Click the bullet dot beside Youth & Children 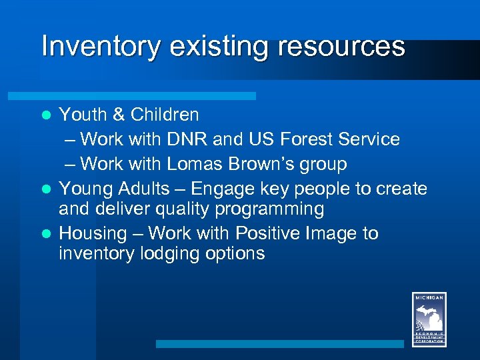tap(47, 115)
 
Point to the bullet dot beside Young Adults tap(47, 189)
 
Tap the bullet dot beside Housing tap(47, 234)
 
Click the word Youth tap(83, 115)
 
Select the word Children tap(165, 115)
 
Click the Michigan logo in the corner tap(429, 319)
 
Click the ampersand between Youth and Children tap(119, 115)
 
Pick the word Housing tap(93, 233)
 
